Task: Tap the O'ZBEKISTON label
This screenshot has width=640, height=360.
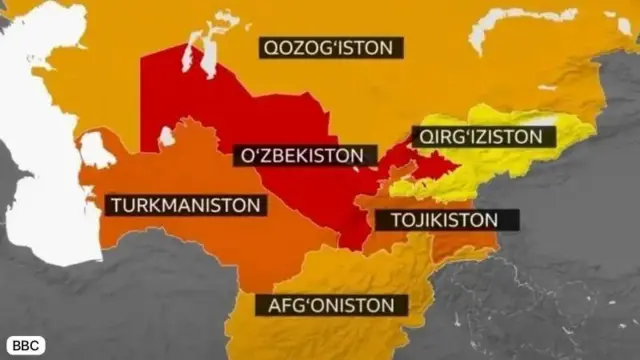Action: pos(304,156)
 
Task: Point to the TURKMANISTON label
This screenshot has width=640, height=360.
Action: pos(187,205)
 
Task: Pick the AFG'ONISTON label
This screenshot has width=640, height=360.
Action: pos(331,305)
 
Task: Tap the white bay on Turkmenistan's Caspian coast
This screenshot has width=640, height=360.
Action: pos(96,150)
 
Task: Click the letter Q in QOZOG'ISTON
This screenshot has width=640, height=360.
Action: pos(269,47)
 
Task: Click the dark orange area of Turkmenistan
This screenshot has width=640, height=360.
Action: pos(200,240)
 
